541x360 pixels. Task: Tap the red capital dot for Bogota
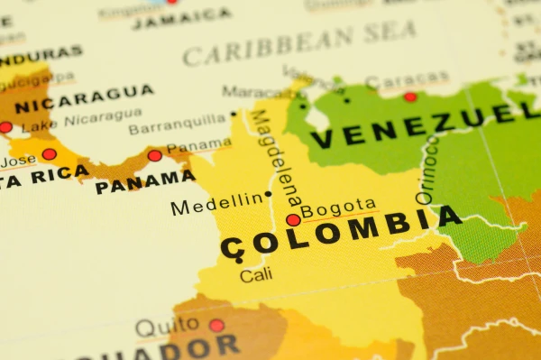coord(293,219)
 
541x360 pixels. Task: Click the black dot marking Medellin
coord(268,194)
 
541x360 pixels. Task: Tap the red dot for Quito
coord(216,325)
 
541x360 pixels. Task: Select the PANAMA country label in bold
coord(144,183)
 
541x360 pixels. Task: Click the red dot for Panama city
coord(155,155)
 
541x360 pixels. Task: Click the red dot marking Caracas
coord(410,97)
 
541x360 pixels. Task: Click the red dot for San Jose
coord(49,154)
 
